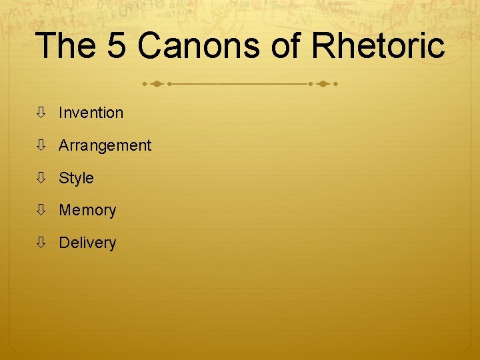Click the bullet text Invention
point(91,113)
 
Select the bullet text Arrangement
point(105,145)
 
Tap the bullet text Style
point(76,178)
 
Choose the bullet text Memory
point(87,211)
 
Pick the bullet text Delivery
point(87,243)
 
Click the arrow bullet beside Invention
point(41,113)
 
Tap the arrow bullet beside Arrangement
point(41,145)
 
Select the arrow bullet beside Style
point(41,178)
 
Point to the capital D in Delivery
point(64,243)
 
